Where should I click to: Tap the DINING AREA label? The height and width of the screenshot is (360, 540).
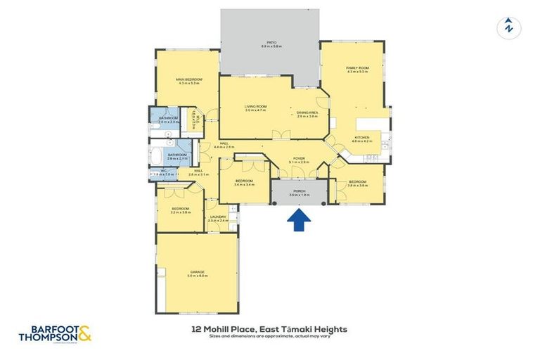coord(307,112)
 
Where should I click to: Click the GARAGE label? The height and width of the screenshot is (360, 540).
coord(196,271)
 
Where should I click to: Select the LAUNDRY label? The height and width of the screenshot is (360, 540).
coord(218,217)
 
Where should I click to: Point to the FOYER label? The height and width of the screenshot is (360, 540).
coord(299,158)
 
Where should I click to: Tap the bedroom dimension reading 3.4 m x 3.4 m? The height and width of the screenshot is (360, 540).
coord(244,185)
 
